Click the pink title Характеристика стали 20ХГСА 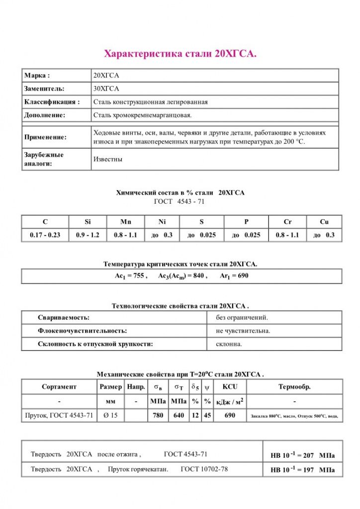click(180, 54)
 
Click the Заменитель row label click(44, 88)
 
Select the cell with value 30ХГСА click(106, 88)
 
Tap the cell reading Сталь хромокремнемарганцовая click(142, 115)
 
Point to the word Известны click(108, 160)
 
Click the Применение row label click(45, 137)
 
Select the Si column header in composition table click(88, 222)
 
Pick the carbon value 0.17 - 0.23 click(45, 235)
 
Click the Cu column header click(324, 222)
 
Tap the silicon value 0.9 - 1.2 click(88, 235)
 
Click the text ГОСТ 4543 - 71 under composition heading click(180, 201)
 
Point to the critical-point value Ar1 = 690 click(234, 276)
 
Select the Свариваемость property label click(64, 317)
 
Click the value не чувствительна click(243, 331)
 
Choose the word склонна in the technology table click(229, 343)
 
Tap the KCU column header click(230, 386)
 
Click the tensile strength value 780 click(158, 416)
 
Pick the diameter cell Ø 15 click(110, 416)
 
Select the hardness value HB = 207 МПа click(302, 455)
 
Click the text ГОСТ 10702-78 click(204, 469)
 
